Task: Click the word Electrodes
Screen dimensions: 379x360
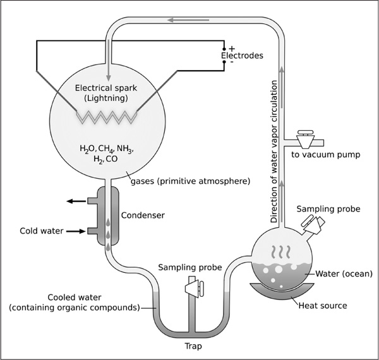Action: [242, 56]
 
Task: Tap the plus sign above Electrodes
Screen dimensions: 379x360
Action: [232, 49]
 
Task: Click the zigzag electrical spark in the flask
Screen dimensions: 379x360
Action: [107, 117]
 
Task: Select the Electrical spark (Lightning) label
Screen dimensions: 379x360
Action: [106, 93]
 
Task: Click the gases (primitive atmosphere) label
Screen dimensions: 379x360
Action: [191, 181]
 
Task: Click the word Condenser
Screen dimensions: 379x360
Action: [143, 215]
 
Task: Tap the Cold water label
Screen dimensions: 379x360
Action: [42, 231]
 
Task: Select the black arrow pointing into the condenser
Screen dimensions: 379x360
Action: [76, 231]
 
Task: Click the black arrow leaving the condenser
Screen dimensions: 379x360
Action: [76, 201]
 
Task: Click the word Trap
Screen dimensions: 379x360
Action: [193, 346]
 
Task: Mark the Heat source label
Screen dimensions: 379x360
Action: [323, 306]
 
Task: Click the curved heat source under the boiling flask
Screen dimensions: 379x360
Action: [282, 293]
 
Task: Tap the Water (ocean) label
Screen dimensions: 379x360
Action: [344, 273]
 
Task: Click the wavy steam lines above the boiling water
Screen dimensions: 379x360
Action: [281, 252]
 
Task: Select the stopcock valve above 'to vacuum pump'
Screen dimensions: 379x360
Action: [306, 140]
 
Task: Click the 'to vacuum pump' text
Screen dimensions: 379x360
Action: [325, 155]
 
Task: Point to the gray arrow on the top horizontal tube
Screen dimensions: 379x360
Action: [188, 20]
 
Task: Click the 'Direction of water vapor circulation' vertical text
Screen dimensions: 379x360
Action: [274, 152]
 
